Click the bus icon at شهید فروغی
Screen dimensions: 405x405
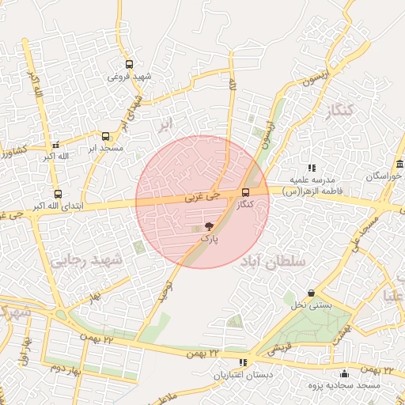pos(129,66)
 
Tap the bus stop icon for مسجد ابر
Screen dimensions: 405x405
pos(106,136)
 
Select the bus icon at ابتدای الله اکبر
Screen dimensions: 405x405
pos(58,194)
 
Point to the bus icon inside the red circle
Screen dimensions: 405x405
pos(245,192)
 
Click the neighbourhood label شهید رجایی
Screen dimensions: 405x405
pos(88,259)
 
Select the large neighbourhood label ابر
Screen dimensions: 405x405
pos(164,124)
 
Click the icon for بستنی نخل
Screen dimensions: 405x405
pos(311,293)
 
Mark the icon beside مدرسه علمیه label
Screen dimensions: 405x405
pos(312,168)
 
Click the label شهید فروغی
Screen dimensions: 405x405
pos(129,77)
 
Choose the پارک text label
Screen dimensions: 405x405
pos(209,237)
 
